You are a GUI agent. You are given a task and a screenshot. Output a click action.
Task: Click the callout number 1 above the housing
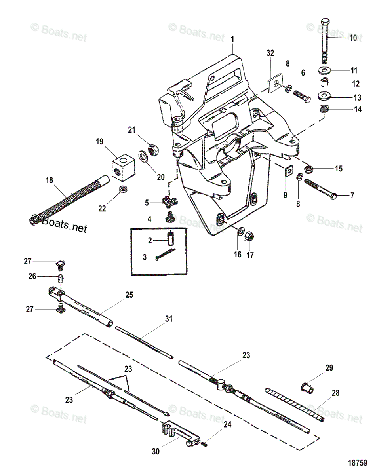[x=232, y=39]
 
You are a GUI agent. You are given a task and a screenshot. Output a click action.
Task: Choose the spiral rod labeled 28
[x=295, y=403]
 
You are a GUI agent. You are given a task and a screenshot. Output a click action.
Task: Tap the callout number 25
[x=129, y=294]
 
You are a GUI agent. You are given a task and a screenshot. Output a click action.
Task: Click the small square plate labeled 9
[x=289, y=171]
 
